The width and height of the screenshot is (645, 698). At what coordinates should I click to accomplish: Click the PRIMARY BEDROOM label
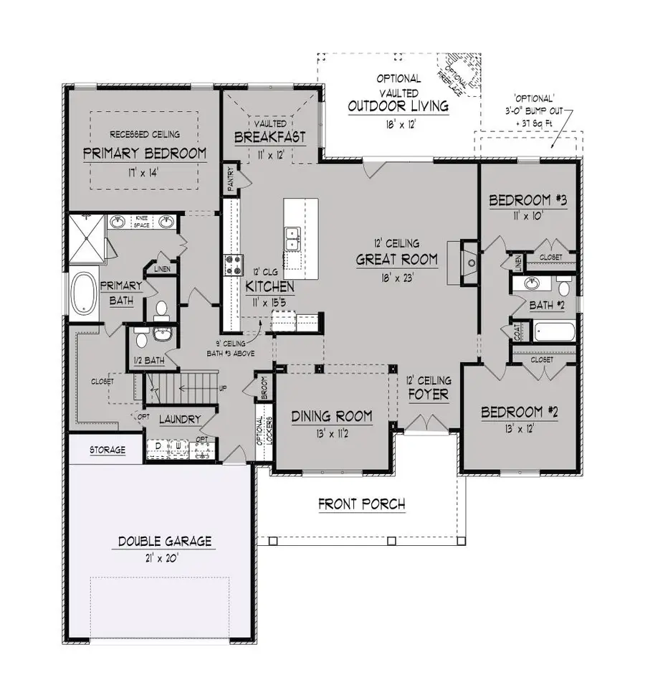pos(144,153)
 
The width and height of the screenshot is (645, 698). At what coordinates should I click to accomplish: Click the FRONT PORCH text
pos(361,504)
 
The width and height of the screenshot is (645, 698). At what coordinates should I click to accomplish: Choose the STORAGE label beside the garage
pos(107,451)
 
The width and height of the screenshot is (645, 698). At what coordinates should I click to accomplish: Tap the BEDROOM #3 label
pos(527,200)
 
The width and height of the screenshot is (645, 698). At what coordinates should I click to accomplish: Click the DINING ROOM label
pos(331,416)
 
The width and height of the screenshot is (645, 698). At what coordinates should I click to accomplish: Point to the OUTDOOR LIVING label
pos(398,106)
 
